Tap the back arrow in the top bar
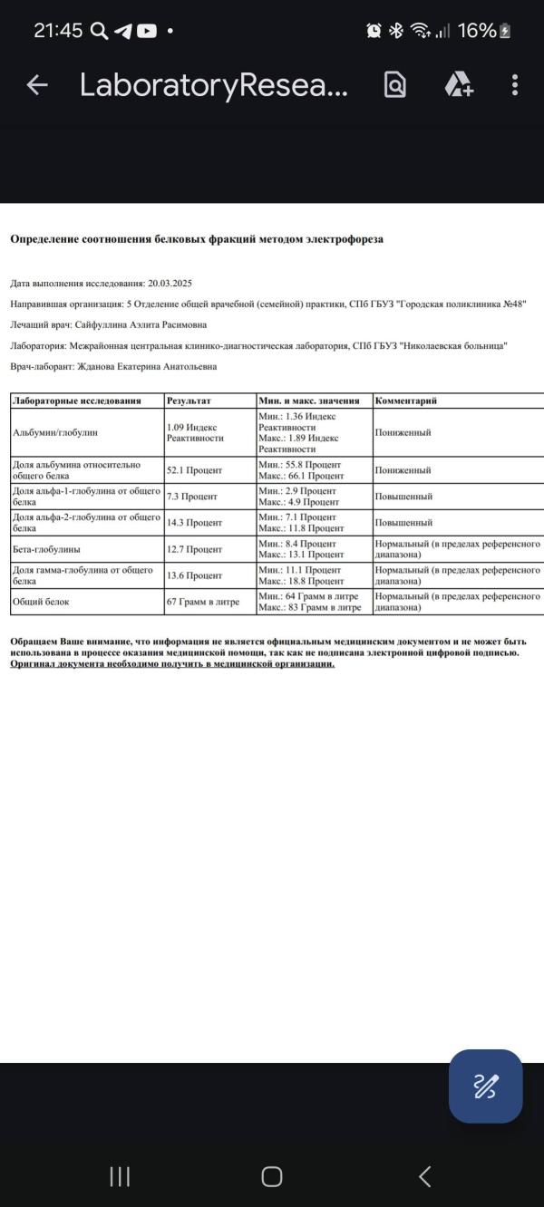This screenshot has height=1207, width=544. point(37,85)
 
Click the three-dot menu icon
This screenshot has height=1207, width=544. point(514,85)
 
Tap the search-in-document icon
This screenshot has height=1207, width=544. point(395,85)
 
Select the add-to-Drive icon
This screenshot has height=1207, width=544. point(458,85)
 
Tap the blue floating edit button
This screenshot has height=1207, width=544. point(485,1086)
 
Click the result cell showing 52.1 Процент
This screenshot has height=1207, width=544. point(194,471)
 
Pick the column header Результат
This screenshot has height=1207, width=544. point(189,401)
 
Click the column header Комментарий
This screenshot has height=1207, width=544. point(406,401)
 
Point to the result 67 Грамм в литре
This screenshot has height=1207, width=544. point(203,602)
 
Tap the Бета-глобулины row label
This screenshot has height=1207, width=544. point(46,549)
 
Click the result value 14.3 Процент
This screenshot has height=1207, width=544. point(194,523)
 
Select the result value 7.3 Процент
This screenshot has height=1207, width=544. point(191,497)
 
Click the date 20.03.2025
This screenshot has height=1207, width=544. point(169,284)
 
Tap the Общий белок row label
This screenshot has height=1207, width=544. point(41,602)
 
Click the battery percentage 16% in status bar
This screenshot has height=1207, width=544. point(477,31)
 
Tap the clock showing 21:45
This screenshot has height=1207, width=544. point(58,31)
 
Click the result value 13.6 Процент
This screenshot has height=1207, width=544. point(194,575)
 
